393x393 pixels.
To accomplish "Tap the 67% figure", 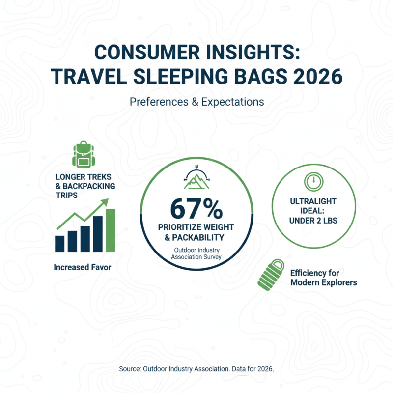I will [196, 209].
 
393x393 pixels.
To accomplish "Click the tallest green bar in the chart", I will [111, 229].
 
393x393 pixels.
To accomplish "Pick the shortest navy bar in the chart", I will [60, 243].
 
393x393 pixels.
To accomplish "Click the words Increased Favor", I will [83, 268].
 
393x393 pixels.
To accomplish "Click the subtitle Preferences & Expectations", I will [196, 102].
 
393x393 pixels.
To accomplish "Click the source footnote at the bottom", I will [196, 368].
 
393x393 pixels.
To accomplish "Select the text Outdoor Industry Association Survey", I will [196, 253].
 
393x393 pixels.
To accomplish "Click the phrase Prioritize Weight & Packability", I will [196, 233].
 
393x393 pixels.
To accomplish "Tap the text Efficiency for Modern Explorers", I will [323, 278].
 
